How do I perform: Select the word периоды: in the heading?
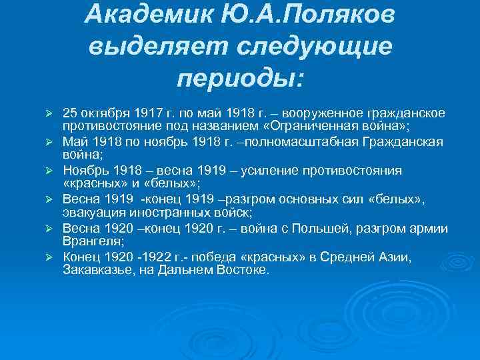(240, 79)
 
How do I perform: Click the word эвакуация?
(91, 213)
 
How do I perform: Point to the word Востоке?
(244, 270)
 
